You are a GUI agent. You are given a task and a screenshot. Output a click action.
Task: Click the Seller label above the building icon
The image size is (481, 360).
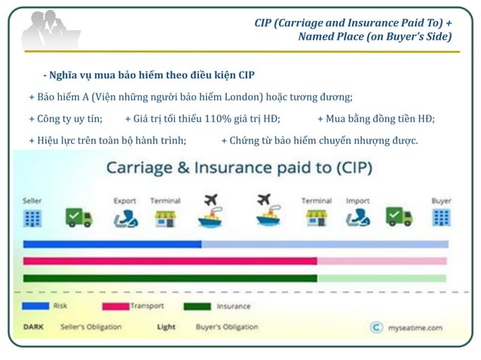[32, 201]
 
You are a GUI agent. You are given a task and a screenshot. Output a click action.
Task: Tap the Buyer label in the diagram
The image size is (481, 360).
[441, 201]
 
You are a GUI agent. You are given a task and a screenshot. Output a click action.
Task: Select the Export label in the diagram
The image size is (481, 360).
[124, 201]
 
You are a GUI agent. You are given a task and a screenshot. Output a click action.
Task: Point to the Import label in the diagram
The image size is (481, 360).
[357, 201]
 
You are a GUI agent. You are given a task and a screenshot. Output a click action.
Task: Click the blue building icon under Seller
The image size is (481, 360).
[32, 218]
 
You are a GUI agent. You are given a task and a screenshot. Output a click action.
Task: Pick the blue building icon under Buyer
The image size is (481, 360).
[441, 218]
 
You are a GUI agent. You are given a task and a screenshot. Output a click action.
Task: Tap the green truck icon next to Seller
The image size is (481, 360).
[78, 218]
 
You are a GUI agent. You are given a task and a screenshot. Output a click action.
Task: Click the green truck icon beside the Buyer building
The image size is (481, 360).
[399, 218]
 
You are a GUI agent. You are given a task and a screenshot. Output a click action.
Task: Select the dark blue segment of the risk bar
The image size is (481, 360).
[112, 244]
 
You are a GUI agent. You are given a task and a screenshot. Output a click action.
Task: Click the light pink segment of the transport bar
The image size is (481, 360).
[381, 261]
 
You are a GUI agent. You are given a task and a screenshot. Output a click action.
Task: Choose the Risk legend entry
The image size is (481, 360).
[60, 307]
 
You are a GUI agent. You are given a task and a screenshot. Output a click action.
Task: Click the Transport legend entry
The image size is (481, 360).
[146, 307]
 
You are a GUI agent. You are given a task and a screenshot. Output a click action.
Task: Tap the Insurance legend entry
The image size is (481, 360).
[233, 307]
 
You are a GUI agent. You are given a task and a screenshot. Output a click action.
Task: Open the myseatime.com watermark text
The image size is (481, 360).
[416, 328]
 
